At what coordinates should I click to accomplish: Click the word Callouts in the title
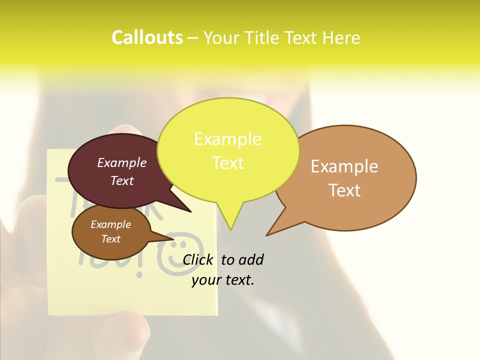click(147, 37)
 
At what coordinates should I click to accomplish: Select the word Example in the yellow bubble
click(227, 139)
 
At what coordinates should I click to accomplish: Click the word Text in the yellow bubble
click(227, 163)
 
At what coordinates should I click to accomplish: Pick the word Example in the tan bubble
click(344, 166)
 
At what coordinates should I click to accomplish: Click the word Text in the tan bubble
click(344, 190)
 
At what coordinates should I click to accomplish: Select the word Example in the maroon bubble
click(121, 162)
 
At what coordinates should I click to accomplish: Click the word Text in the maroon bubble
click(121, 180)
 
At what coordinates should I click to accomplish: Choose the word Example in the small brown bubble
click(110, 224)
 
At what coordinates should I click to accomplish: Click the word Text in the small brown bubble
click(110, 239)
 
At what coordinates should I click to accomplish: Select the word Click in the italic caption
click(198, 259)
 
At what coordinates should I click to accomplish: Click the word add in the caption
click(250, 259)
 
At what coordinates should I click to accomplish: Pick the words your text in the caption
click(223, 280)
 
